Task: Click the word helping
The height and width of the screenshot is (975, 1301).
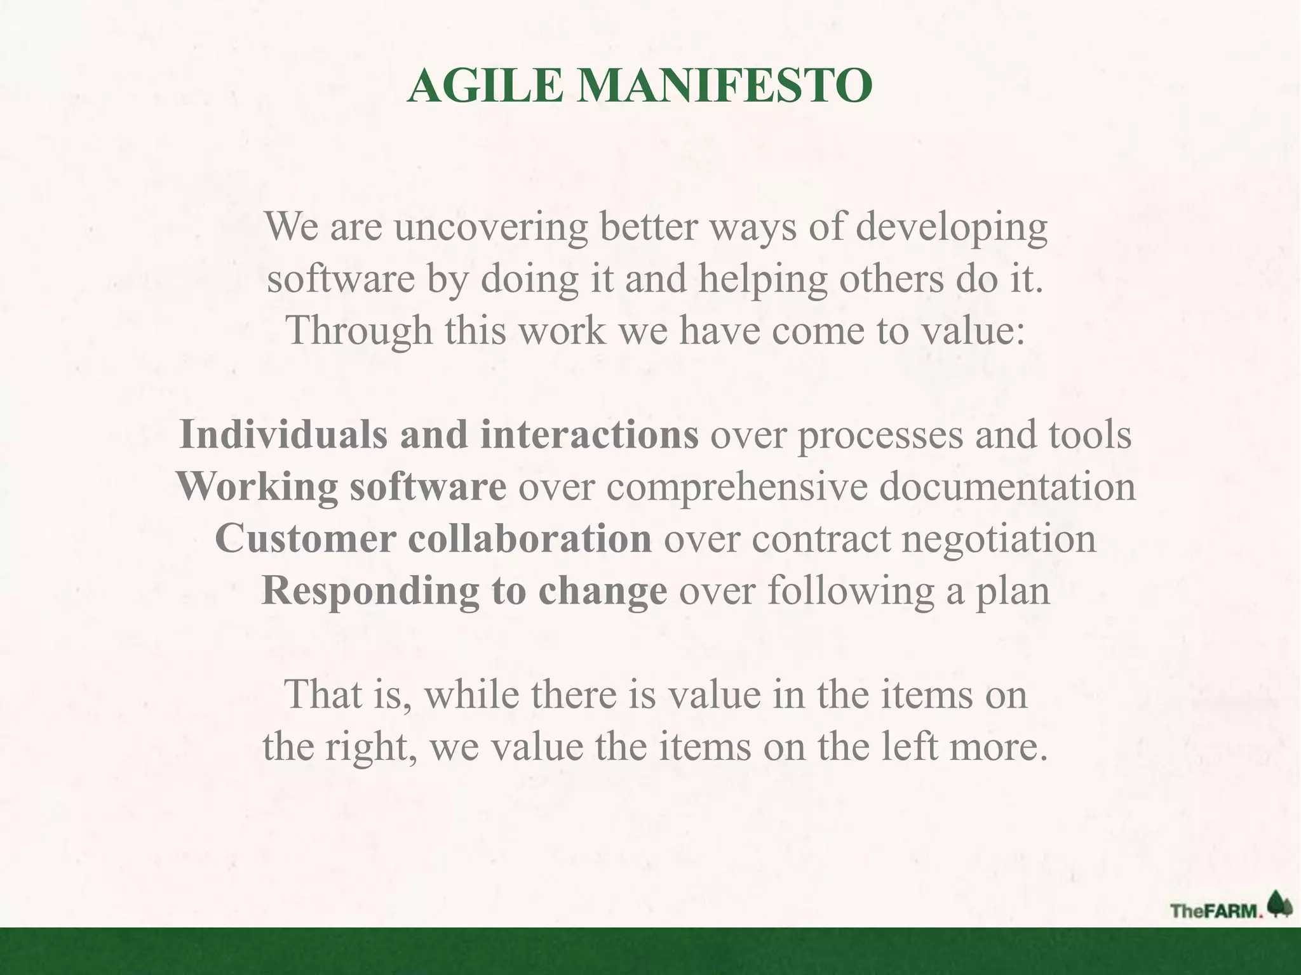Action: pos(763,281)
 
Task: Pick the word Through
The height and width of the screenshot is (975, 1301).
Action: pos(359,331)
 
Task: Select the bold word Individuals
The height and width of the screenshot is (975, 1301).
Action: pos(283,435)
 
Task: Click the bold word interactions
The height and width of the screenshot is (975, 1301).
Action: pos(590,435)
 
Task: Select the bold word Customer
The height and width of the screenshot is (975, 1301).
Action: pos(306,539)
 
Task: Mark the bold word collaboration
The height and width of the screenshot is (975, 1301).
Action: pos(530,539)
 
